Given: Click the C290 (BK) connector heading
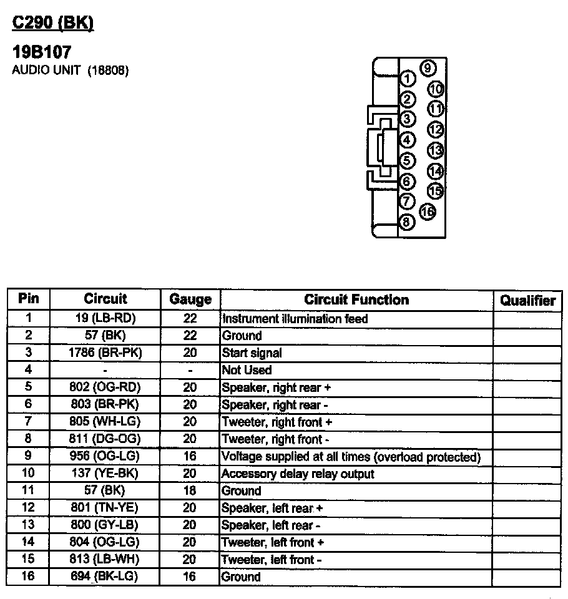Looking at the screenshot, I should point(53,23).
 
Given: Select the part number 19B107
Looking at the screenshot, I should point(42,52).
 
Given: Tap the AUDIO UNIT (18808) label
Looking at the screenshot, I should point(71,71).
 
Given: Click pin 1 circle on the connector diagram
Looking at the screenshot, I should point(407,79).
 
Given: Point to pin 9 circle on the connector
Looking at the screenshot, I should point(428,68).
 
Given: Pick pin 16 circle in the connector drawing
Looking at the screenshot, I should point(428,212).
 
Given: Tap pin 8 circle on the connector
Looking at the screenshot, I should point(407,222).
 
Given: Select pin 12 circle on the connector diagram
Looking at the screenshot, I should point(435,130).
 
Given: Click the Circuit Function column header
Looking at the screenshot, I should point(356,300).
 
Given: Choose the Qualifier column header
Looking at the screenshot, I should point(527,301).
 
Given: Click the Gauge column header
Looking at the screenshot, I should point(190,300).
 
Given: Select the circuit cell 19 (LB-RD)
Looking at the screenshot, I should point(105,318).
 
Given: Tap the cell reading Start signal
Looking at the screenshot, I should point(252,353).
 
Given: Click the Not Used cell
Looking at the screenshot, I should point(247,370).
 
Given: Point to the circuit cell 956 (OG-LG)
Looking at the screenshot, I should point(105,457).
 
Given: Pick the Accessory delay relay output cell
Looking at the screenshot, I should point(298,474).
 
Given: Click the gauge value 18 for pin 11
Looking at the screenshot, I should point(190,491).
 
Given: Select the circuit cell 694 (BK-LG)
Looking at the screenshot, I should point(105,577).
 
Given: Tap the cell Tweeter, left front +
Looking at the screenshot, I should point(273,543).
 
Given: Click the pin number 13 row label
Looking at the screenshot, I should point(29,525).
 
